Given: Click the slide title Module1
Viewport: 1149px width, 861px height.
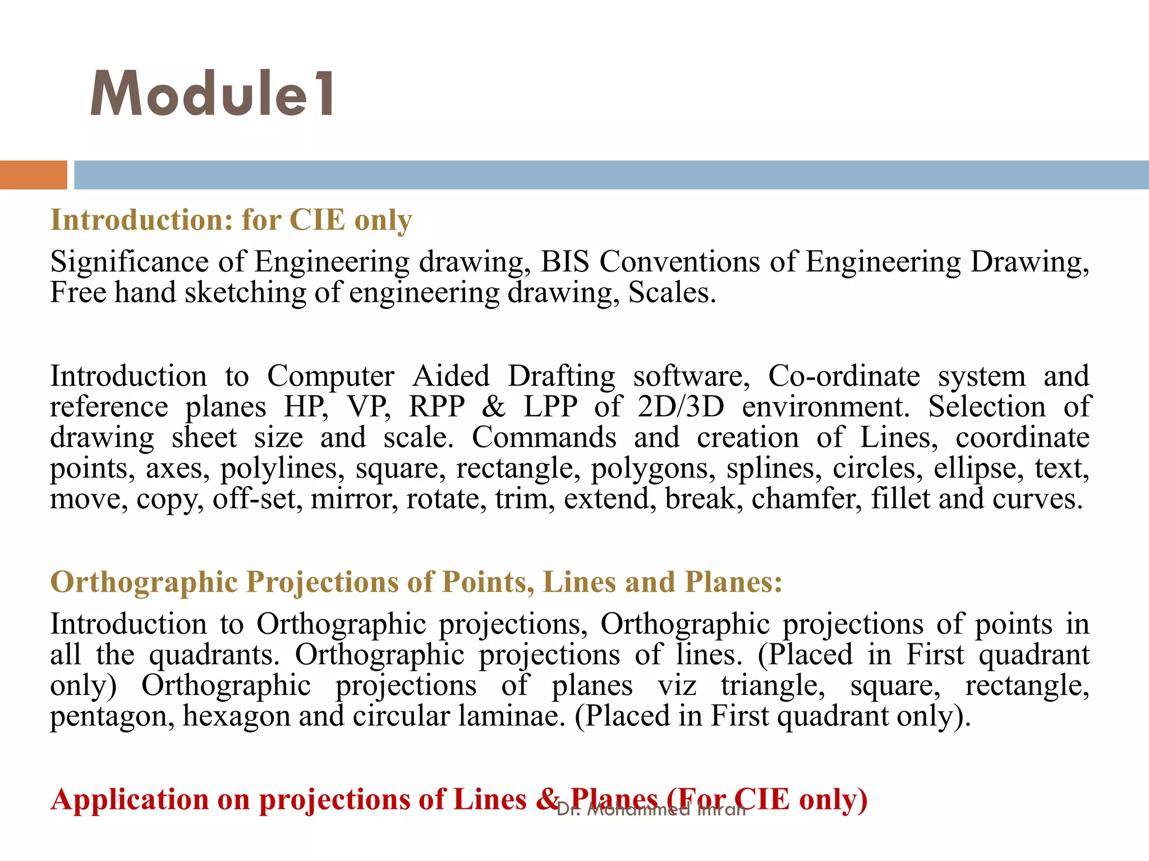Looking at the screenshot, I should point(213,94).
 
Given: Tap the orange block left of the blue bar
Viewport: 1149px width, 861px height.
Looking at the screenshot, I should point(33,175).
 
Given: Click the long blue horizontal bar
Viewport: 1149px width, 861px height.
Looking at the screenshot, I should point(611,175).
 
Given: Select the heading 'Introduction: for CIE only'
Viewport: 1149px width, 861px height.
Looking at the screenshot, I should point(231,220).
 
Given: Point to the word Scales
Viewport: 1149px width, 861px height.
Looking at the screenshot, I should point(672,293).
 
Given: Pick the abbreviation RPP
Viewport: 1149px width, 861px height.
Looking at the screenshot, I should point(436,407).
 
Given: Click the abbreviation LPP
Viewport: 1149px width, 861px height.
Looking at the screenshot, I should point(550,407).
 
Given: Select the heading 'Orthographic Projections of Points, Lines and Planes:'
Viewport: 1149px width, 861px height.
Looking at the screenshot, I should point(416,582).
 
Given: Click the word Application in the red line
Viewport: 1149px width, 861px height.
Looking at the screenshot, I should point(130,799).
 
